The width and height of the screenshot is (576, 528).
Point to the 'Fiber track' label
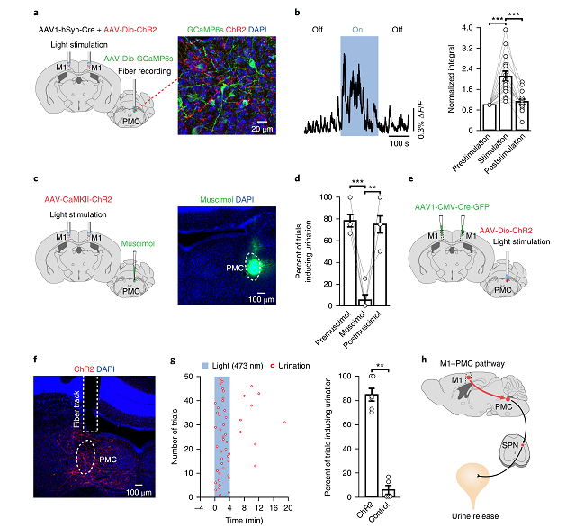(79, 403)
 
